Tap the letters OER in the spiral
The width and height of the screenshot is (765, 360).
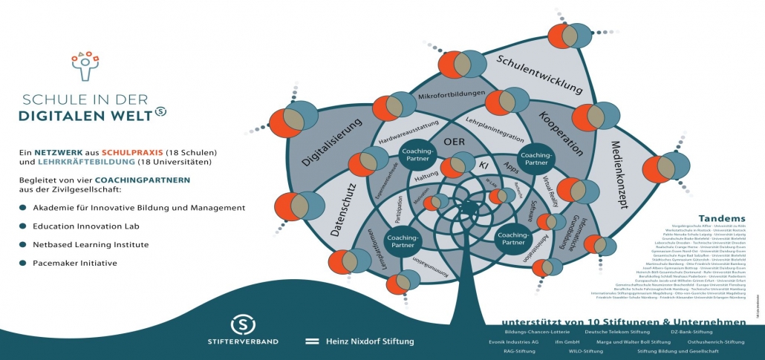tap(454, 141)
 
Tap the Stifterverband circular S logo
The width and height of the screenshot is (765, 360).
tap(243, 324)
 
